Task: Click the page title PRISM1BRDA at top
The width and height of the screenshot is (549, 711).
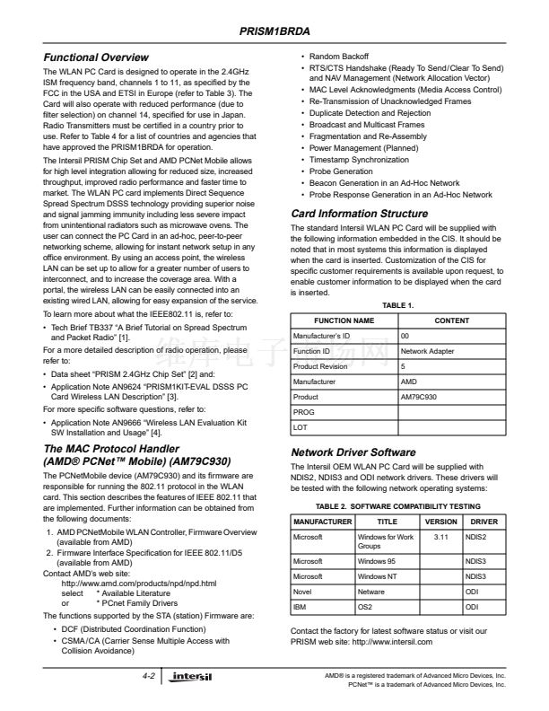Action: coord(274,31)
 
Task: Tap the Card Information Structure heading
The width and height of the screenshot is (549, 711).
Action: coord(360,214)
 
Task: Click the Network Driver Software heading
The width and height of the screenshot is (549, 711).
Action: coord(353,452)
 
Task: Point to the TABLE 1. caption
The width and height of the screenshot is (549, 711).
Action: coord(397,305)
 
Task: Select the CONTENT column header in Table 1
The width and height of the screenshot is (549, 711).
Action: coord(451,320)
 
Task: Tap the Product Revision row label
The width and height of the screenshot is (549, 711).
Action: coord(320,366)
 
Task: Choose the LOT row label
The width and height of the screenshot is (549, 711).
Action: coord(301,427)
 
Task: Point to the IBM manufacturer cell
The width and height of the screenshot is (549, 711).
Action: coord(300,609)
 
